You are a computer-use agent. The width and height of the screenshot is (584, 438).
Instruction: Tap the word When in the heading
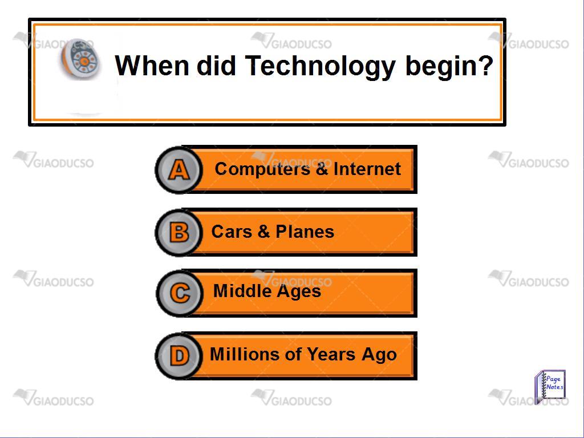point(152,66)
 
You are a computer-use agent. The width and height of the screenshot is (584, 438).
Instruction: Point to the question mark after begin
point(486,66)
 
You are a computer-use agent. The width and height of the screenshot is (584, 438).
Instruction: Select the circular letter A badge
point(179,170)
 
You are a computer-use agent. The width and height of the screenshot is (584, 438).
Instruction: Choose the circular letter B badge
point(179,233)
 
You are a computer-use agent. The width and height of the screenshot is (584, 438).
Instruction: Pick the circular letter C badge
point(180,293)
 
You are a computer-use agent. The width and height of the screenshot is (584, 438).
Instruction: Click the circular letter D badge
point(179,356)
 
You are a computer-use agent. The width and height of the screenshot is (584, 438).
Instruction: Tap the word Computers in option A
point(262,169)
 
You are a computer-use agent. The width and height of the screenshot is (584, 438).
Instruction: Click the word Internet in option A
point(367,169)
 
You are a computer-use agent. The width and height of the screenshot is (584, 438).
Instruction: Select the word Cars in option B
point(232,232)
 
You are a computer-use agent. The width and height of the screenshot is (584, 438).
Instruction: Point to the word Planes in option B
point(305,232)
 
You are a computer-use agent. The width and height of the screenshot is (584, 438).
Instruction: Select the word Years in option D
point(331,354)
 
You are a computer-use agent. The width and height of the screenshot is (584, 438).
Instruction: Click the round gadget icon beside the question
point(81,59)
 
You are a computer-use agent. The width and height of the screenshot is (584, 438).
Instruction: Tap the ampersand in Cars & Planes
point(263,232)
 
